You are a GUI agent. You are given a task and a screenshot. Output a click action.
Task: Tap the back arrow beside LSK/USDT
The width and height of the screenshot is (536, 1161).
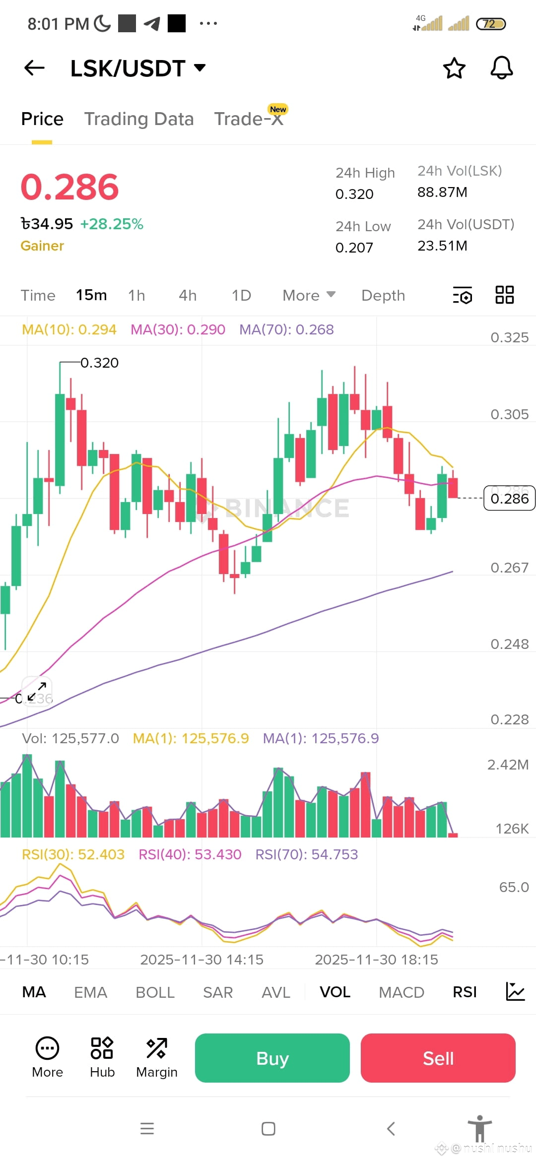point(34,68)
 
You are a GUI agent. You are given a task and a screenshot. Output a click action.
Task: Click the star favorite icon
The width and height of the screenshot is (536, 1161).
point(454,68)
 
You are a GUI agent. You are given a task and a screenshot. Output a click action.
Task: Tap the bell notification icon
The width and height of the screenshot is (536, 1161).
point(501,68)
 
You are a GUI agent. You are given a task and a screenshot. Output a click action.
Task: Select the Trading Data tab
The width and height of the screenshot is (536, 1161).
point(139,119)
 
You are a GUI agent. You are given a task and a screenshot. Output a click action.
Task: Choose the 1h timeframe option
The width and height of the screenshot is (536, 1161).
point(136,295)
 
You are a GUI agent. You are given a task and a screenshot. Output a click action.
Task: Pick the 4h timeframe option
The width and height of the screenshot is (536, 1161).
point(188,295)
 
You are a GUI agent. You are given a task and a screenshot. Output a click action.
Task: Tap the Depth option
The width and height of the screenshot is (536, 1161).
point(383,295)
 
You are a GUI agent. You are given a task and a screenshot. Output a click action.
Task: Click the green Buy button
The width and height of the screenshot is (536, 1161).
point(272,1058)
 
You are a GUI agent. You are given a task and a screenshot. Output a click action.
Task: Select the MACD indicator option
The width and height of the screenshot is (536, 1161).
point(402,992)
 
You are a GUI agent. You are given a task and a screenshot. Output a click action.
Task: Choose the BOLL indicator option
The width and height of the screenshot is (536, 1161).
point(155,992)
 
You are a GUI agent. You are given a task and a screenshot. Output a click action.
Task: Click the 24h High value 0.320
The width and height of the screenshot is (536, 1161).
point(354,194)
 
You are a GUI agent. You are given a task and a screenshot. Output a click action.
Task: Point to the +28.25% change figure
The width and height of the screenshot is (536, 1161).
point(112,224)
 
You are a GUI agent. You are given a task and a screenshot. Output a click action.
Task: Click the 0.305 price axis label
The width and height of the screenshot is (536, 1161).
point(509,414)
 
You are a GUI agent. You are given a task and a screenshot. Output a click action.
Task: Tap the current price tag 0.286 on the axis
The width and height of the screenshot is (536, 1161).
point(509,498)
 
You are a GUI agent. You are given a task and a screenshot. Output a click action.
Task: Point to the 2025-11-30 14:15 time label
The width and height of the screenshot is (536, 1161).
point(201,960)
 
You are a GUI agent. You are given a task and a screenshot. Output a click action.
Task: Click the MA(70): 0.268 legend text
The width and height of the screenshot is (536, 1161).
point(286,329)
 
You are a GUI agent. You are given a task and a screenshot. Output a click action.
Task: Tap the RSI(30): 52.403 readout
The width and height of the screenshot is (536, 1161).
point(73,854)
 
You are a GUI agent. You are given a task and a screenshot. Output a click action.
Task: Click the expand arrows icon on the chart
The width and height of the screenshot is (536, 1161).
point(37,691)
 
